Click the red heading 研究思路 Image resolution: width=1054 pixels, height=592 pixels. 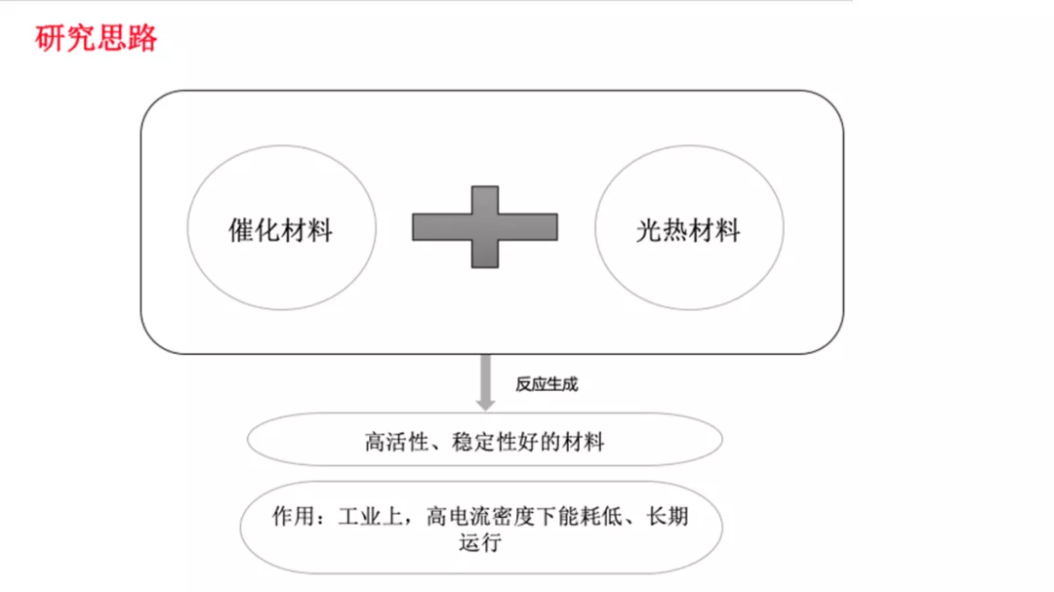click(96, 38)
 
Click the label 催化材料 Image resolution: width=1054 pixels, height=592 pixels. click(280, 230)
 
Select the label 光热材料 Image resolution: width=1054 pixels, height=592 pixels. click(688, 230)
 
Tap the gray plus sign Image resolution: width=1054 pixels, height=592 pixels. click(485, 227)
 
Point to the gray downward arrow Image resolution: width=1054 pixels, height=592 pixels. click(485, 382)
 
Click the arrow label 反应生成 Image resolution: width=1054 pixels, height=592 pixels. click(547, 384)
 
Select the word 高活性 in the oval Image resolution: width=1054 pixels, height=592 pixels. click(396, 442)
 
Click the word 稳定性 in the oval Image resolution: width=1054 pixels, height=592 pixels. click(484, 442)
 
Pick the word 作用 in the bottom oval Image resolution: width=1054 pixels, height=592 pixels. click(294, 516)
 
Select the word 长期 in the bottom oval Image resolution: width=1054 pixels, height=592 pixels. click(668, 516)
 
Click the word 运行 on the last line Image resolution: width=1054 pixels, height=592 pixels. click(480, 542)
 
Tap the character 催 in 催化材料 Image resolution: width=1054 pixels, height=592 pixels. click(241, 230)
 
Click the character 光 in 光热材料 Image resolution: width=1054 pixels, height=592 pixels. click(649, 230)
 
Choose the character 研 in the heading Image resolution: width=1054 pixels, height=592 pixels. click(50, 38)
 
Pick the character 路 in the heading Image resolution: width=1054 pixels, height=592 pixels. click(142, 38)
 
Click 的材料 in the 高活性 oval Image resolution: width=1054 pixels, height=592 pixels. click(572, 442)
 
